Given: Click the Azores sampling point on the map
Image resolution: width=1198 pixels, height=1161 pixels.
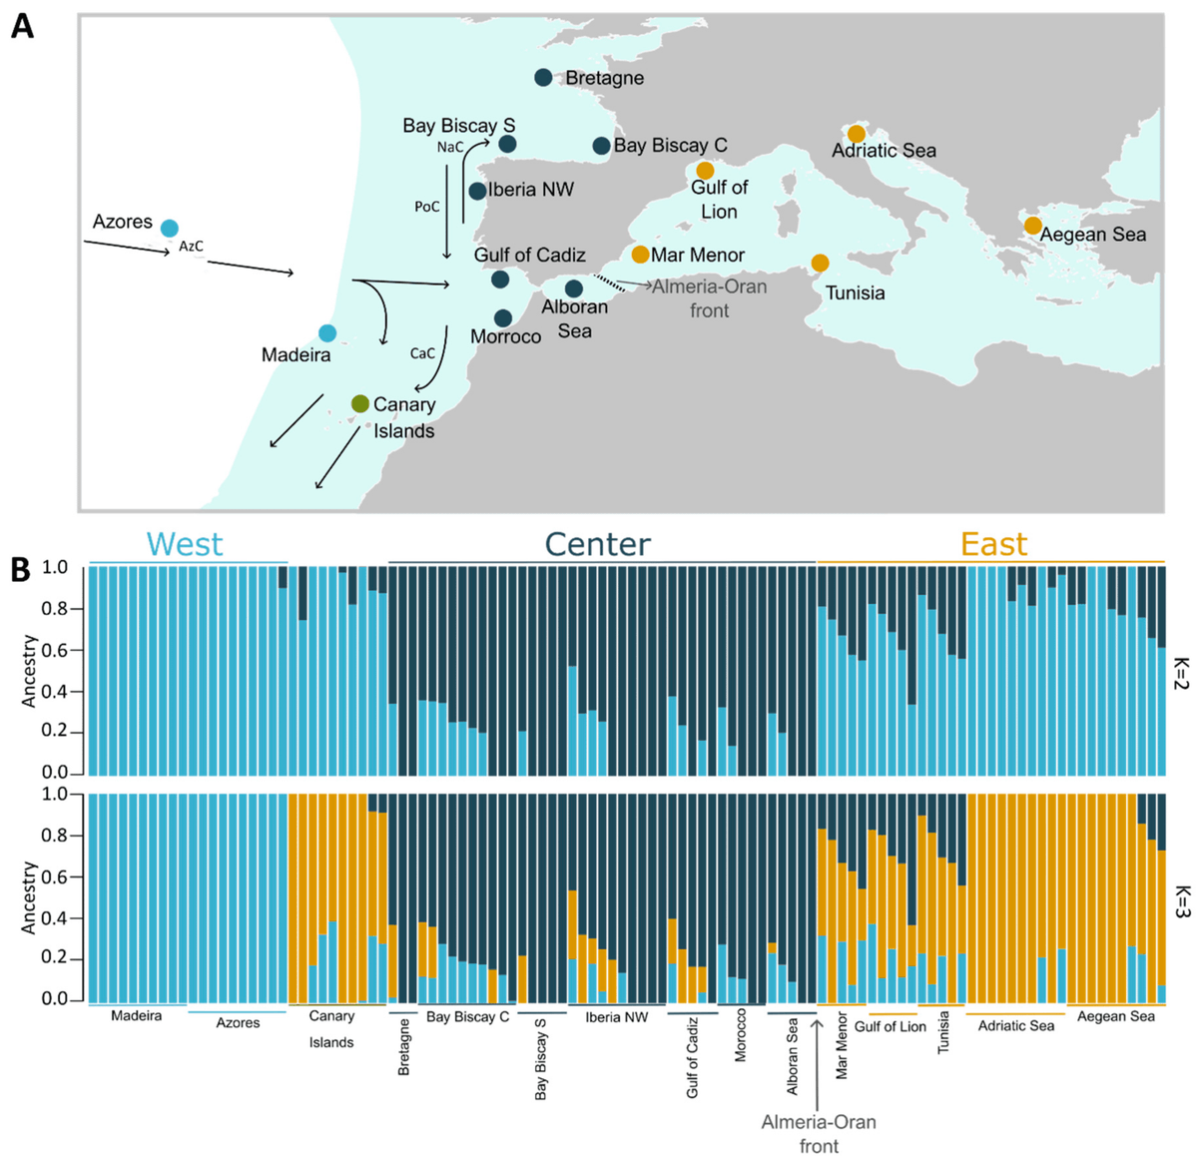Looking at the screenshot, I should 170,229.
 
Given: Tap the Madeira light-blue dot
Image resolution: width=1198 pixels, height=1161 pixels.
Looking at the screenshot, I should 327,333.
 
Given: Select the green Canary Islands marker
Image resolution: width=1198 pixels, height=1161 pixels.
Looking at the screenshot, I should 360,404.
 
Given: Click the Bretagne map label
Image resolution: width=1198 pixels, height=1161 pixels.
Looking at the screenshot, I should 604,78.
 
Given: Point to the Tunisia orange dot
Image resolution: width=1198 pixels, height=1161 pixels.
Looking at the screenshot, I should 820,264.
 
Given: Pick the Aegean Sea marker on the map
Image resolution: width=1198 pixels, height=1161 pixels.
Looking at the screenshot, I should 1032,226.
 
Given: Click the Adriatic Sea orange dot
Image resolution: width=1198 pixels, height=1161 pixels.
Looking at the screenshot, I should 856,134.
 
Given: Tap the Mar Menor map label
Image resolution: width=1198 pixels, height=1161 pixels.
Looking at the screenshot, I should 698,255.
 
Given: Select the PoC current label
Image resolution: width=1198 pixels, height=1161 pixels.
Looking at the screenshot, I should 427,207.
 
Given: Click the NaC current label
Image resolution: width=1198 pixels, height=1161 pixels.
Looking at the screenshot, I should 450,147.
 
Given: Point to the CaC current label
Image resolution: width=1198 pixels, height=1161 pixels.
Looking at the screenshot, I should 422,353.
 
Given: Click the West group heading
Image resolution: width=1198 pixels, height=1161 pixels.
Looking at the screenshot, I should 185,544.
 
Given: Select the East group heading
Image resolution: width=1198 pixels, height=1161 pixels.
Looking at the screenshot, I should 993,544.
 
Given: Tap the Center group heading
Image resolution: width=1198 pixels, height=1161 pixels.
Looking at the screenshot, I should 597,544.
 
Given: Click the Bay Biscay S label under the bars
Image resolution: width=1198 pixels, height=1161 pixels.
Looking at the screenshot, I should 541,1059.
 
